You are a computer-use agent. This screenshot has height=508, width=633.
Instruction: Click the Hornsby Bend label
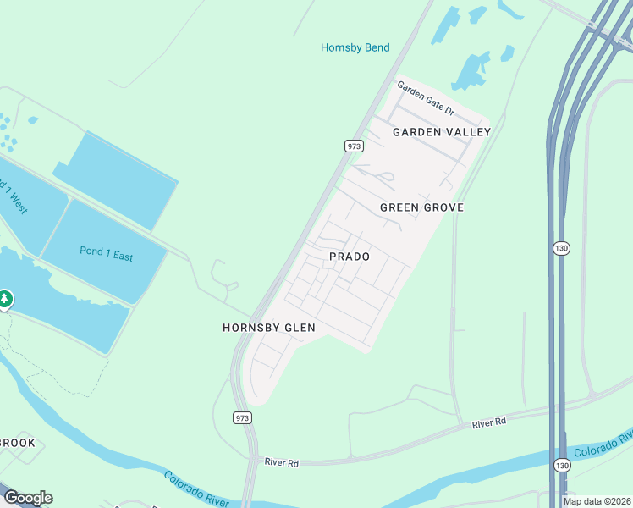[x=355, y=47]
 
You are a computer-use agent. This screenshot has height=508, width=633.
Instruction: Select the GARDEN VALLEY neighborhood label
[x=442, y=132]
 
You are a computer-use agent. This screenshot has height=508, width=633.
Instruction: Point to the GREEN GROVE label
[x=421, y=207]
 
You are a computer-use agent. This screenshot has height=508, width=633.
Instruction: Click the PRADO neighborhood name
[x=350, y=257]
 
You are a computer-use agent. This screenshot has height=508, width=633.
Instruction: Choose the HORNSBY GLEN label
[x=269, y=328]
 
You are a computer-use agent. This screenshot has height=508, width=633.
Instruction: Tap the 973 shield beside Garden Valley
[x=354, y=146]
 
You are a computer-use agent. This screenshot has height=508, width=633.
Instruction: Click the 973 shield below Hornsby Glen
[x=242, y=417]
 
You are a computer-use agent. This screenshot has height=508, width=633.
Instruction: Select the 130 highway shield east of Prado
[x=561, y=248]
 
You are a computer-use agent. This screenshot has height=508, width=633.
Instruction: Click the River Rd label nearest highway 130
[x=488, y=421]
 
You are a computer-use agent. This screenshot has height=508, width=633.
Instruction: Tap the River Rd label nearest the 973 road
[x=282, y=462]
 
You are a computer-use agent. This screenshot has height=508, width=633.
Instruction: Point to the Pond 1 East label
[x=106, y=254]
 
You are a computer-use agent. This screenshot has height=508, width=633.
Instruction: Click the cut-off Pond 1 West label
[x=12, y=194]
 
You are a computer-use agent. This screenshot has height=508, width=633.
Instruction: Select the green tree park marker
[x=5, y=299]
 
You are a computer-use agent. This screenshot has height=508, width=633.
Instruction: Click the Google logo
[x=28, y=498]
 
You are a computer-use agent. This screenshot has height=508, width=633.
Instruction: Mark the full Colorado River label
[x=195, y=490]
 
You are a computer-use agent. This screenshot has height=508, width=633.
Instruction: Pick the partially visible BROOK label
[x=18, y=443]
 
